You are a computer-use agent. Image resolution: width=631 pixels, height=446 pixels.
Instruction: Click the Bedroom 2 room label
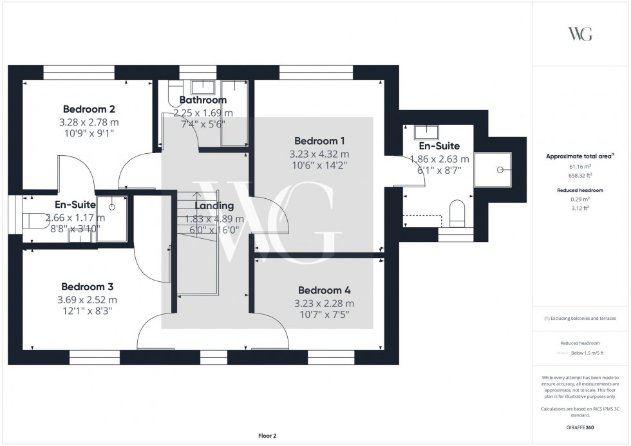tap(89, 109)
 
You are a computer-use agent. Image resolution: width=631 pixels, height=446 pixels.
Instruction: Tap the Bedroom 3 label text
tap(88, 286)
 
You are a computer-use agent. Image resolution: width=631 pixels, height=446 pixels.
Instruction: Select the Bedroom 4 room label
tap(325, 290)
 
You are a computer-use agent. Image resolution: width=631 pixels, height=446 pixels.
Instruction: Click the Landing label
tap(214, 206)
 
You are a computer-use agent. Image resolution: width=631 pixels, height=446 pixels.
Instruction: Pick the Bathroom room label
tap(203, 100)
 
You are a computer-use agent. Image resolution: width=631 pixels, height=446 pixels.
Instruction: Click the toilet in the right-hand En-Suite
tap(457, 213)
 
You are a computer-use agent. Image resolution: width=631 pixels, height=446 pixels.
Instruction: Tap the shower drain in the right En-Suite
tap(500, 170)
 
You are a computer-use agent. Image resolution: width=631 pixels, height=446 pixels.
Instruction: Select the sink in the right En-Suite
tap(425, 133)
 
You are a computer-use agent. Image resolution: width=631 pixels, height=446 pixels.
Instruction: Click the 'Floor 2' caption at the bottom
tap(267, 436)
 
